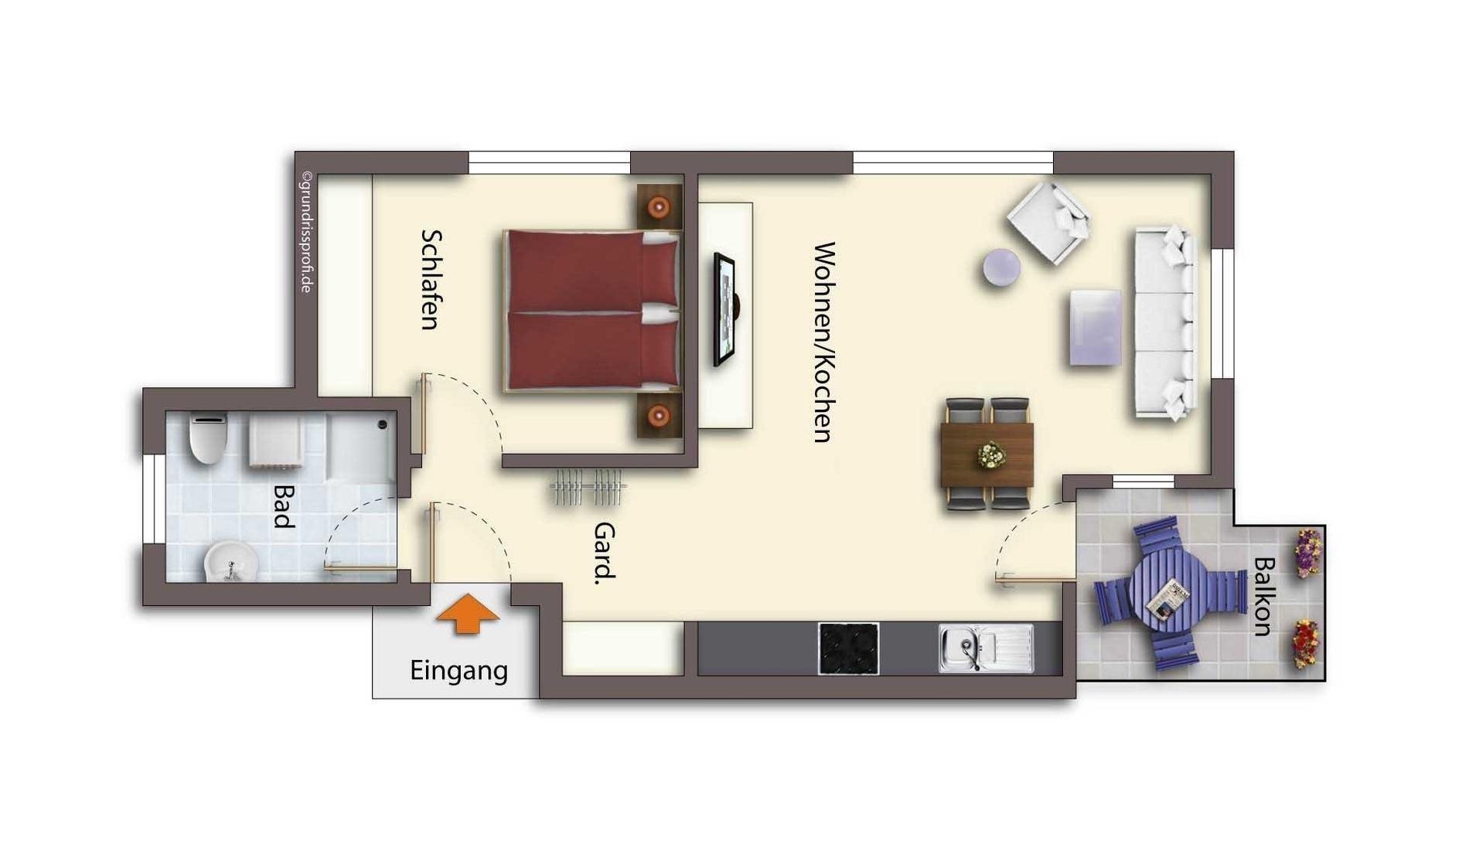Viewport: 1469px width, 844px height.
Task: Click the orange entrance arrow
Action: tap(468, 614)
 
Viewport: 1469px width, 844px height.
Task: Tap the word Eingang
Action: tap(458, 671)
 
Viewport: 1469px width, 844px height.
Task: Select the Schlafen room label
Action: tap(431, 279)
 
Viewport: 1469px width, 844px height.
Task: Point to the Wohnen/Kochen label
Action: tap(824, 342)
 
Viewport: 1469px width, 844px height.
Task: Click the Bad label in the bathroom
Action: tap(284, 506)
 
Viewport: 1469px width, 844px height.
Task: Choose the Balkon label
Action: tap(1262, 596)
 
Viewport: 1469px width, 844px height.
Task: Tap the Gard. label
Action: tap(604, 553)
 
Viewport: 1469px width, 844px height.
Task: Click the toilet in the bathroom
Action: tap(208, 437)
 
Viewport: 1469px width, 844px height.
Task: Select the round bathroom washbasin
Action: tap(230, 561)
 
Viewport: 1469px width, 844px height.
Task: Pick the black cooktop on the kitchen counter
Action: tap(848, 648)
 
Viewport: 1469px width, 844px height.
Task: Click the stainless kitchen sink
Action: tap(986, 648)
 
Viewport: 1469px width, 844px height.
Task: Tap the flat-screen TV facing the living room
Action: tap(725, 309)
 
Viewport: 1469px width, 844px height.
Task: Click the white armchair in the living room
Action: tap(1048, 223)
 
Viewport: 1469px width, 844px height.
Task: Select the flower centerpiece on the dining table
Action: tap(990, 454)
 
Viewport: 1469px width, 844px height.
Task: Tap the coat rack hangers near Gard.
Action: tap(588, 487)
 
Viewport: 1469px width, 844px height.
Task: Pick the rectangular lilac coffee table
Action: tap(1096, 327)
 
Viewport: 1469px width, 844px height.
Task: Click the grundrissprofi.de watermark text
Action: tap(306, 232)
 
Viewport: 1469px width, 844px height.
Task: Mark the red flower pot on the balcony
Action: tap(1306, 643)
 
